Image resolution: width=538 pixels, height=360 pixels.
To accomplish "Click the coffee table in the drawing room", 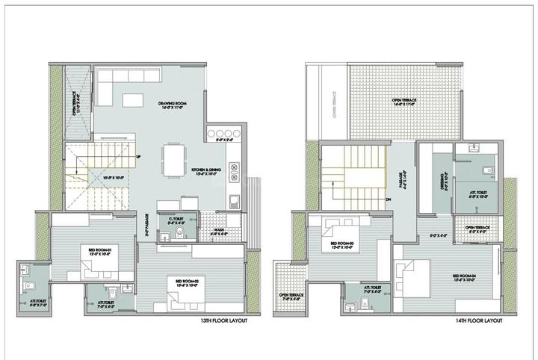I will [135, 99].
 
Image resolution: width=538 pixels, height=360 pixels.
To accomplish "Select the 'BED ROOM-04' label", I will [466, 279].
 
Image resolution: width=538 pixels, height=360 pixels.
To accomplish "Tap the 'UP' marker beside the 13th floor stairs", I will [138, 156].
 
